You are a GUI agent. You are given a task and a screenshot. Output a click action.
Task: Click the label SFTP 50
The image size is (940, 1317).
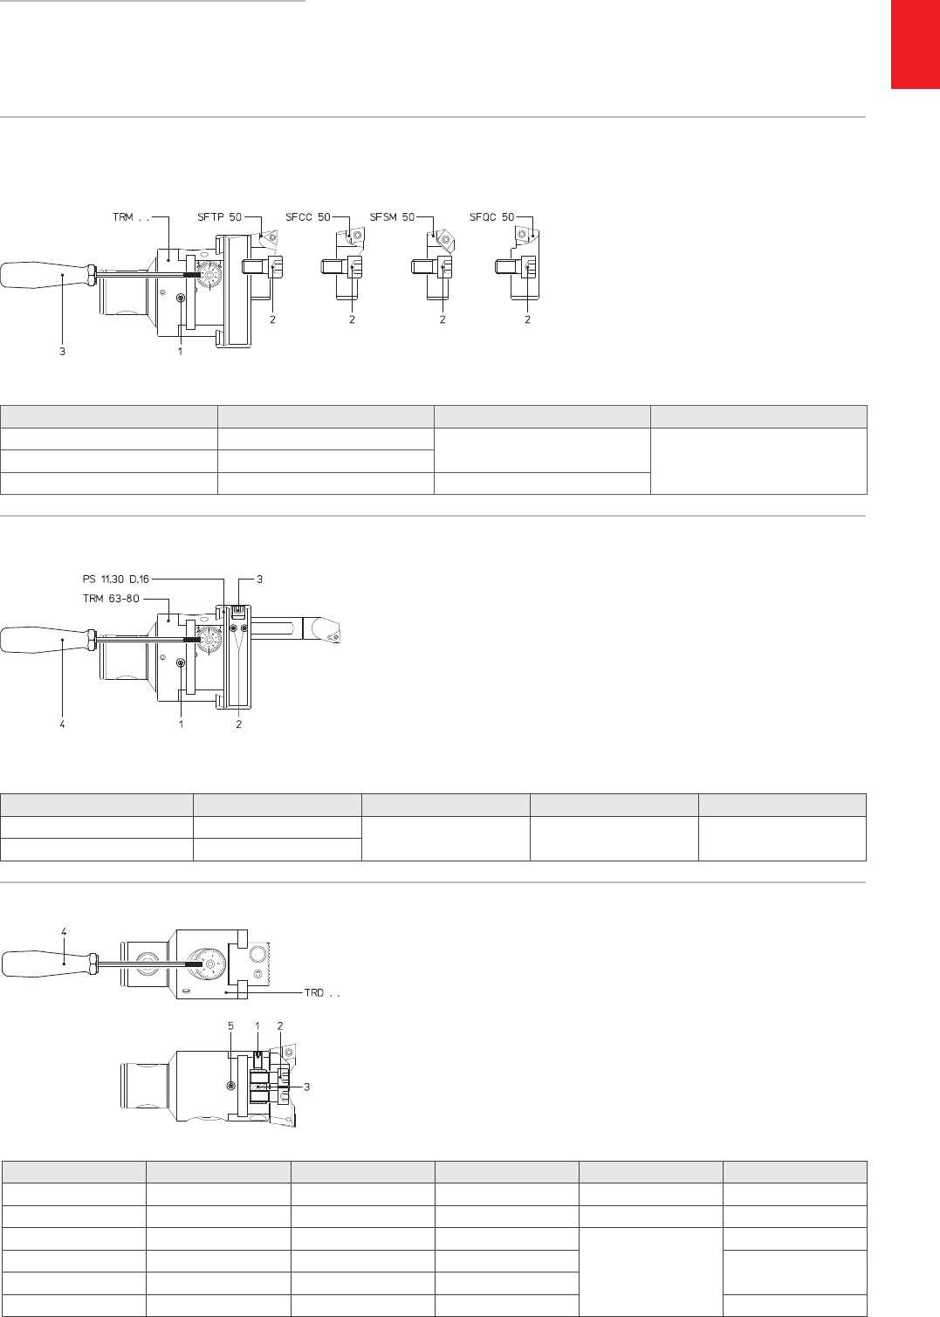[219, 217]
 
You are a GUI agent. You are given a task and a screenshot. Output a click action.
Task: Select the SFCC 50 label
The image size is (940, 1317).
[307, 217]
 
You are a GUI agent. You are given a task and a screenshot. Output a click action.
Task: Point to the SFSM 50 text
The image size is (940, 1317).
[392, 217]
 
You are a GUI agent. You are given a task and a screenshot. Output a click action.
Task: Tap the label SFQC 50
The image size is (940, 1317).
[492, 217]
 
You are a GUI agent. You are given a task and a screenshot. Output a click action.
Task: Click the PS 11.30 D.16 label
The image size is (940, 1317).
[116, 580]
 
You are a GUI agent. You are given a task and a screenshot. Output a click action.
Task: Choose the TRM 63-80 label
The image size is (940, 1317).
[111, 599]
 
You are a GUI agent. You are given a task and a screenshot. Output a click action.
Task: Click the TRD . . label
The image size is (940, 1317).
[322, 992]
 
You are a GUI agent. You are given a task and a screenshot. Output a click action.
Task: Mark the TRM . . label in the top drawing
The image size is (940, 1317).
[131, 217]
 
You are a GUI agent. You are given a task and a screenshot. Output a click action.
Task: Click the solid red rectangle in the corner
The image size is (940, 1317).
[916, 45]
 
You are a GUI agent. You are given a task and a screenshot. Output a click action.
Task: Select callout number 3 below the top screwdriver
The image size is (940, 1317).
[62, 351]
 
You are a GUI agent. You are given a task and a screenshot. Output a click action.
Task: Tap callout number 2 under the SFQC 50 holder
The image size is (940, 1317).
[527, 319]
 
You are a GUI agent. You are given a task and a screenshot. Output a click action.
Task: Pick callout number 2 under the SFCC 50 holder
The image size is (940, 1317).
[352, 319]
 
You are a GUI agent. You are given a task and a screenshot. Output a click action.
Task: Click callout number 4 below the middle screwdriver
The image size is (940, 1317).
[62, 724]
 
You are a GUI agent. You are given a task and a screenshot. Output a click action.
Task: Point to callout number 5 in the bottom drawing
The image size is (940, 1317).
[230, 1026]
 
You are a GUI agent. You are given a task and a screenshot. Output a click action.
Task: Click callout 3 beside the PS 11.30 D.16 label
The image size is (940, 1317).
[260, 580]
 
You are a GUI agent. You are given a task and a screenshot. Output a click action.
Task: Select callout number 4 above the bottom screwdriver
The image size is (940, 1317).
[64, 932]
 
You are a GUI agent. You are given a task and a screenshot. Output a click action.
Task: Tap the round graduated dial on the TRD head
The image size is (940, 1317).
[209, 964]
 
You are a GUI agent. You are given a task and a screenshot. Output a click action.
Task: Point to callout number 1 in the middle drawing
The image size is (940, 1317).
[181, 724]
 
